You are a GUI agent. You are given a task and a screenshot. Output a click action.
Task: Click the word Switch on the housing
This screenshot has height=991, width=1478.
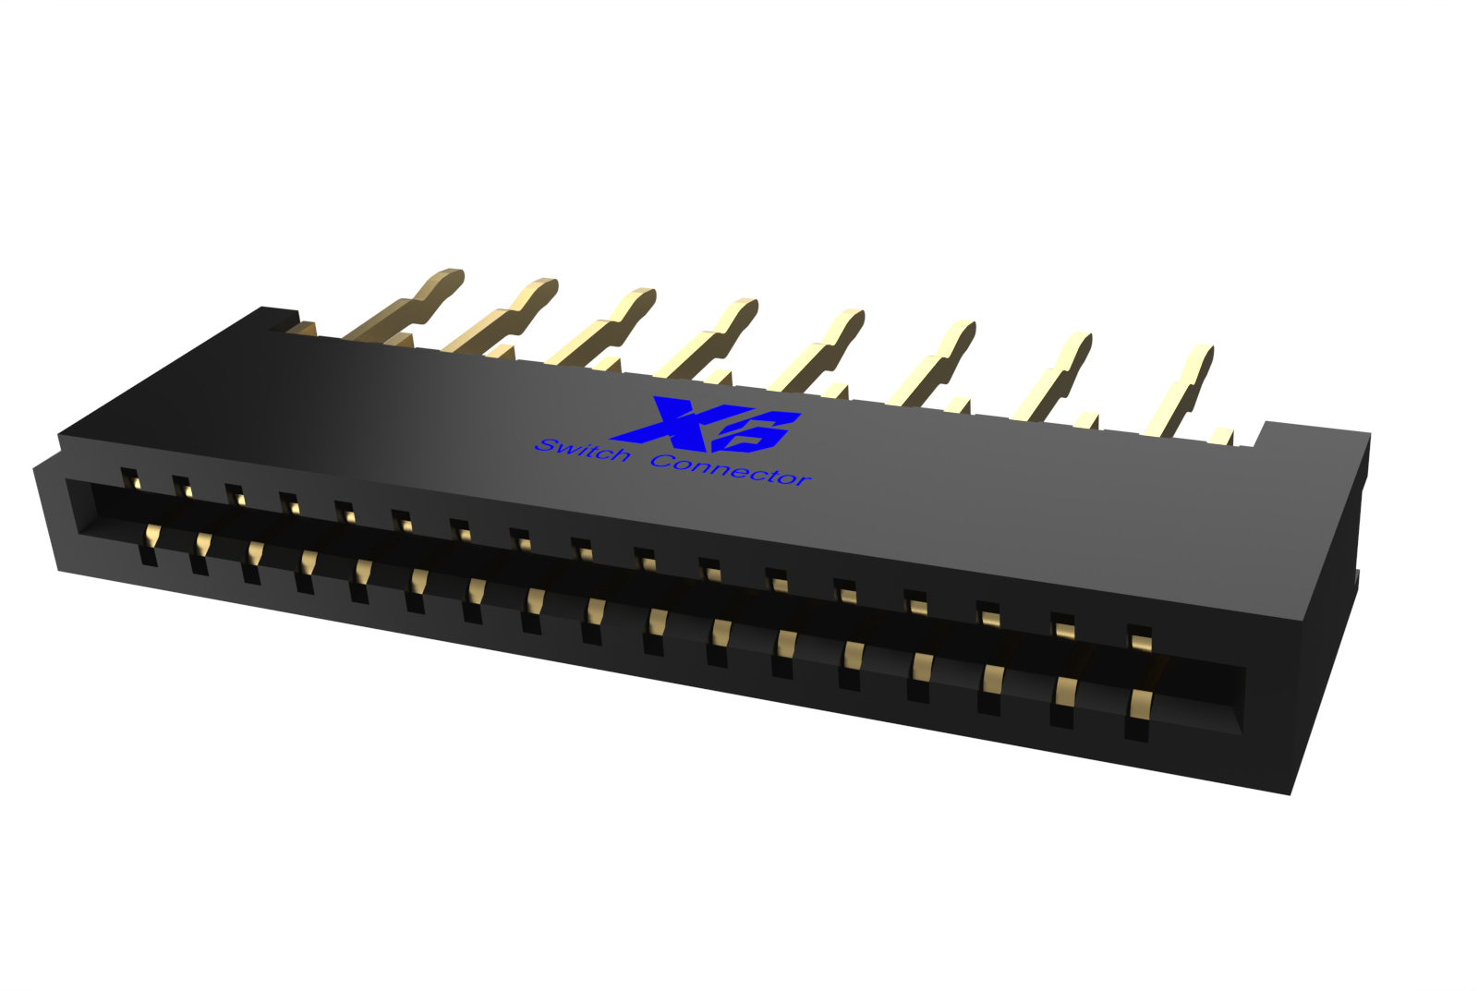(x=582, y=450)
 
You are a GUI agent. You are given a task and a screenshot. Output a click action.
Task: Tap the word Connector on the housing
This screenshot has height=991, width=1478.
(x=731, y=469)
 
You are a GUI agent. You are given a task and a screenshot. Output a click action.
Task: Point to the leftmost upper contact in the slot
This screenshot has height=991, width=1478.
(x=130, y=479)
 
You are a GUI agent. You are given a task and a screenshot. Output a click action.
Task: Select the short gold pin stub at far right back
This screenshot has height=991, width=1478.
(x=1221, y=437)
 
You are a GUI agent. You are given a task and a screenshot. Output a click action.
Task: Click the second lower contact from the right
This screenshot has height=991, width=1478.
(x=1065, y=693)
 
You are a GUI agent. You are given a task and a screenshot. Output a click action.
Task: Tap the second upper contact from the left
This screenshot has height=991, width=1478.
(x=182, y=488)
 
